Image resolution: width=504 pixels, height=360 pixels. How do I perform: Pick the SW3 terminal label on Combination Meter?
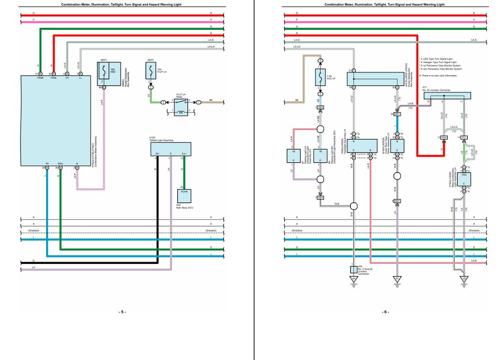tap(60, 164)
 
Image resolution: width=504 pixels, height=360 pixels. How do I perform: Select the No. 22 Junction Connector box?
tap(447, 96)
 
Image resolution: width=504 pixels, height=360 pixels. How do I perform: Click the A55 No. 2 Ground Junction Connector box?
tap(353, 270)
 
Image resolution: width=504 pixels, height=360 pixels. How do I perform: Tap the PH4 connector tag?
tap(444, 137)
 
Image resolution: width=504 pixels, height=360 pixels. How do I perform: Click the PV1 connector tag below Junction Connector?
tap(464, 137)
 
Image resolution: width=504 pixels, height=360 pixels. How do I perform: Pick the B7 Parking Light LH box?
tap(294, 156)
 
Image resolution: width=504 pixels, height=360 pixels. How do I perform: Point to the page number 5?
tap(122, 312)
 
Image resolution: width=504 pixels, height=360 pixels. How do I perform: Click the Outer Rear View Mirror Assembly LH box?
tap(397, 145)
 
